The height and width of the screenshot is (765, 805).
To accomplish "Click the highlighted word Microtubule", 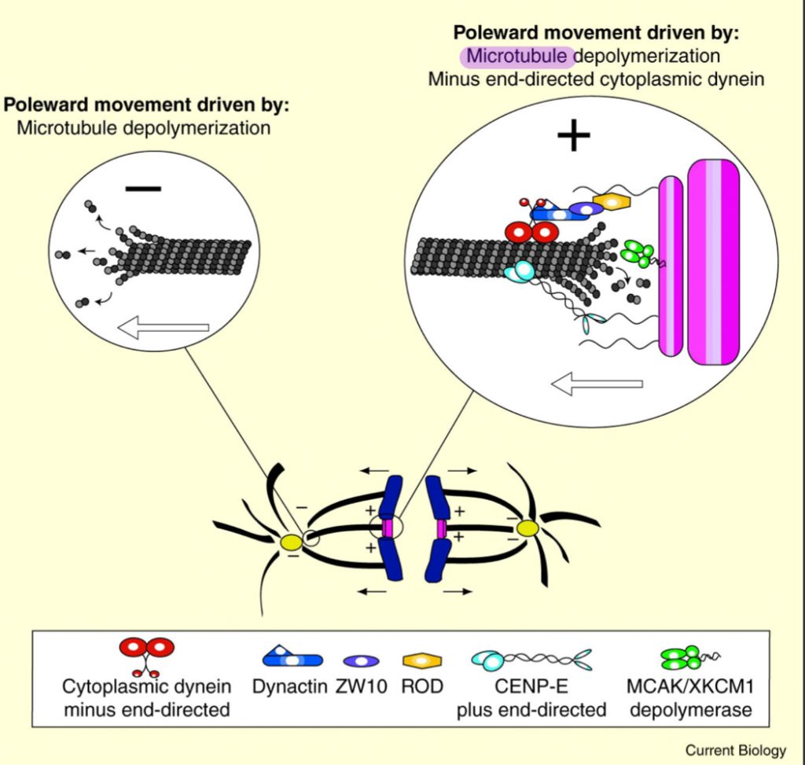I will tap(517, 57).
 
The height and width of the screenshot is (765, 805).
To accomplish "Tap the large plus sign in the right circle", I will tap(573, 138).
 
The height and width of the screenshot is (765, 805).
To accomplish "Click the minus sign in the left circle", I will tap(143, 189).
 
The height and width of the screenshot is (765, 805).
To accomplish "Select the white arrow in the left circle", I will tap(163, 327).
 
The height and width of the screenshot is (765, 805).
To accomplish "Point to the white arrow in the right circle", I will tap(597, 384).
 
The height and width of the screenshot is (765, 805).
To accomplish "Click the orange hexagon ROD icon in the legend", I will tap(421, 660).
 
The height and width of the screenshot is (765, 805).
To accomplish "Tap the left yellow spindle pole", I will tap(292, 542).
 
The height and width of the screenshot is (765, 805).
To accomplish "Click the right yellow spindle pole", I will tap(527, 528).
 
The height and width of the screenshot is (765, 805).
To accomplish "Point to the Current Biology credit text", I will tap(735, 750).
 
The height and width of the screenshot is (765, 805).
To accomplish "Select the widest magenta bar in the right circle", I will tap(713, 262).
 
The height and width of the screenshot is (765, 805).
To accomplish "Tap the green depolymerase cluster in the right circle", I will tap(637, 254).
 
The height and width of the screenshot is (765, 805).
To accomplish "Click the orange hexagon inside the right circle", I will tap(612, 202).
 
